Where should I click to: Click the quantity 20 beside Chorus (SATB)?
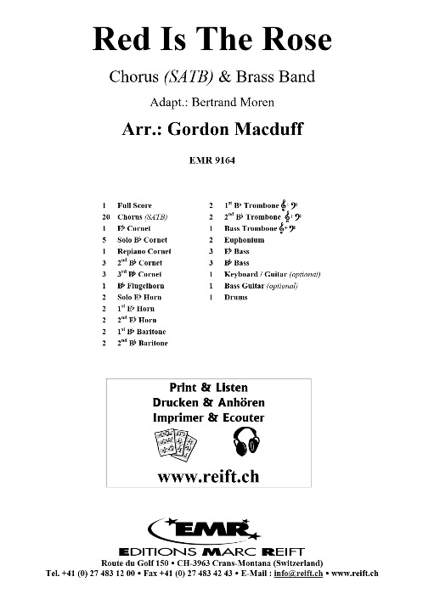coord(103,217)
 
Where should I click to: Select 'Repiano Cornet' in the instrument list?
coord(144,252)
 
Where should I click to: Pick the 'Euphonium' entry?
coord(245,240)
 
